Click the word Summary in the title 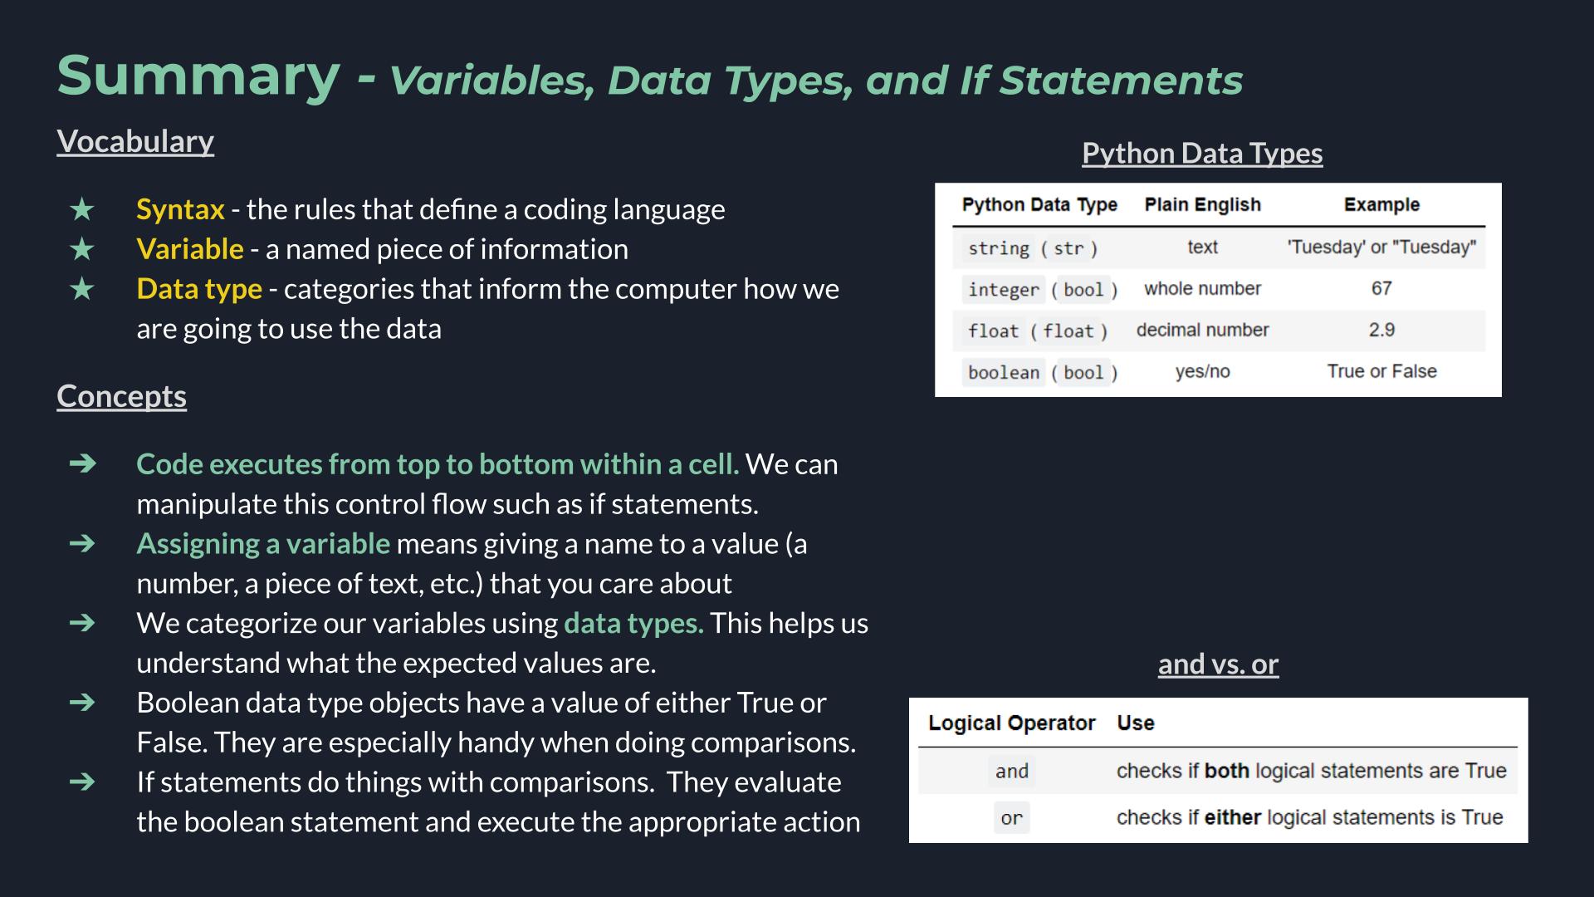point(198,76)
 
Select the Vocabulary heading point(135,142)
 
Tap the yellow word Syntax point(180,209)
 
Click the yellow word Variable point(190,249)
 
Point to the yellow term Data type point(199,289)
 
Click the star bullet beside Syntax point(82,209)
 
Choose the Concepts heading point(121,396)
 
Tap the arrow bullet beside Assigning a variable point(82,543)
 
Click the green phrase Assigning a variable point(263,544)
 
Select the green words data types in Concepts point(633,624)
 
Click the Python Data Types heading point(1202,154)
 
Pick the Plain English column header point(1202,205)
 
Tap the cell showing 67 point(1381,288)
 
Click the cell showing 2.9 point(1381,330)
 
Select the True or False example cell point(1381,371)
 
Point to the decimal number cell point(1202,330)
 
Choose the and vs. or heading point(1218,664)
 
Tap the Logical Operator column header point(1011,723)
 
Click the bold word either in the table point(1233,817)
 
